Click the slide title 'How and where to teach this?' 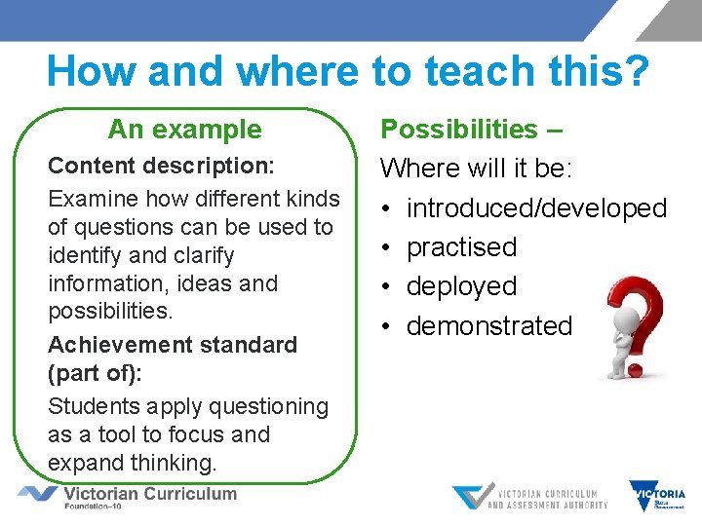tap(347, 71)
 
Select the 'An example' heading tap(184, 130)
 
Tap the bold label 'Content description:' tap(161, 166)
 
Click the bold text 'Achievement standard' tap(173, 345)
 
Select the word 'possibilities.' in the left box tap(110, 312)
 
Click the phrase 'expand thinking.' tap(132, 462)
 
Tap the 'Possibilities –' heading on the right tap(470, 130)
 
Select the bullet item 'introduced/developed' tap(536, 208)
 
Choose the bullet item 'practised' tap(461, 247)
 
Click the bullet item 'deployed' tap(461, 286)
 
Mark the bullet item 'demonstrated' tap(489, 325)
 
